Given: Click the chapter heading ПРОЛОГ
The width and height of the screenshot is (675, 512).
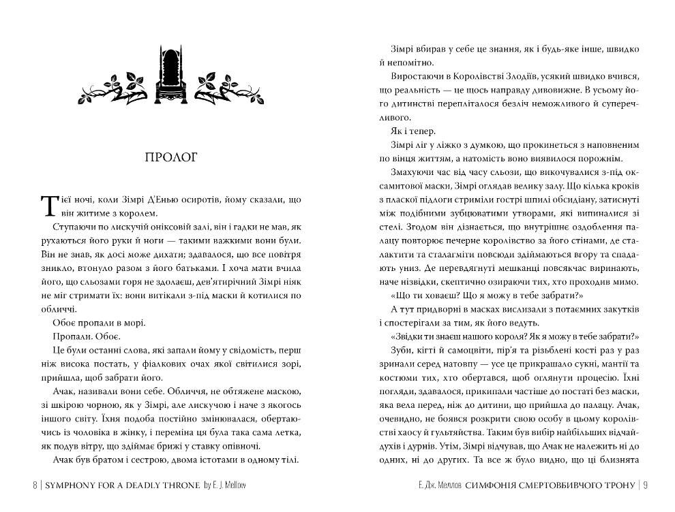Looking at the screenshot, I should point(171,158).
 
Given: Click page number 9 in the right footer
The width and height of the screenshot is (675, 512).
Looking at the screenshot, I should point(644,485).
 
